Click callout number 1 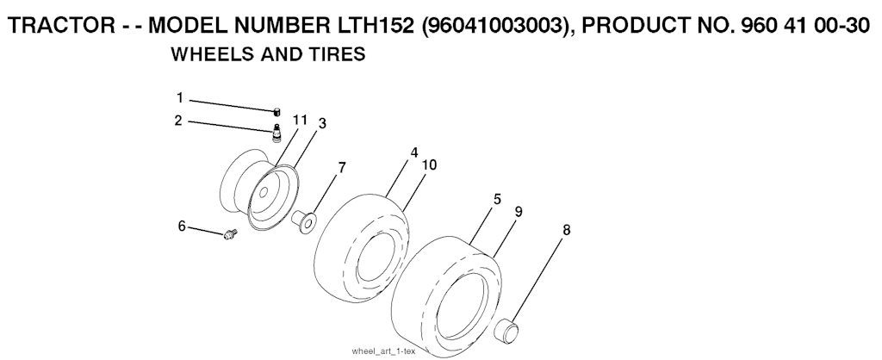[x=180, y=98]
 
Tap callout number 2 [x=178, y=121]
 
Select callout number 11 [x=300, y=120]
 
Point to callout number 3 [x=322, y=124]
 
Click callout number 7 [x=342, y=168]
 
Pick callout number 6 [x=182, y=227]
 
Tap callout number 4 [x=414, y=152]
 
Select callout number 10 [x=429, y=164]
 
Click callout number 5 [x=497, y=200]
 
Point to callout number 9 [x=519, y=212]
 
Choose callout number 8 [x=567, y=229]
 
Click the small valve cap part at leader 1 [x=276, y=111]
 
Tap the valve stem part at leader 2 [x=276, y=134]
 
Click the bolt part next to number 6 [x=230, y=234]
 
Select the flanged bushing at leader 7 [x=304, y=221]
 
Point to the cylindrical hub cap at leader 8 [x=507, y=330]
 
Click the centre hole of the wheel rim [x=264, y=192]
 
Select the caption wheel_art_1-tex [x=383, y=351]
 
